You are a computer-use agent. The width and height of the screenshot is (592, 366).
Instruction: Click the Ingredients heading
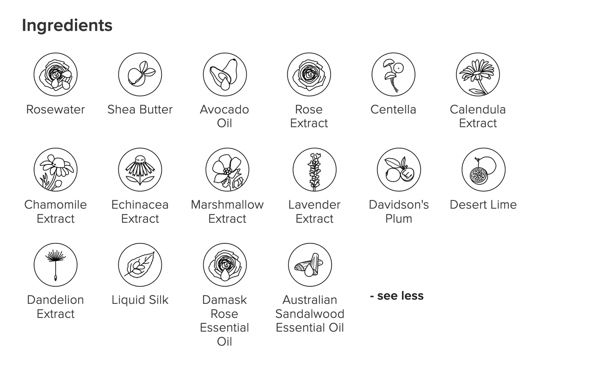pos(67,26)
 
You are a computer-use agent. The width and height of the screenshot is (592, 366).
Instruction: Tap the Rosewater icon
pos(55,74)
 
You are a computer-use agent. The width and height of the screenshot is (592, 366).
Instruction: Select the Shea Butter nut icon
pos(140,74)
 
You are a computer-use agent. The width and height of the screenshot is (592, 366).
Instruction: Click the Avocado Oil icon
pos(225,74)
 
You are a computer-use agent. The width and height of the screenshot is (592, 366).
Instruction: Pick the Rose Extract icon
pos(309,74)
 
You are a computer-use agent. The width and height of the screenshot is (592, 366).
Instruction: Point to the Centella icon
pos(393,74)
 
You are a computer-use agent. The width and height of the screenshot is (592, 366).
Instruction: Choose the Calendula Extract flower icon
pos(478,74)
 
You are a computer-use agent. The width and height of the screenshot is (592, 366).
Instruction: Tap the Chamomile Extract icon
pos(55,170)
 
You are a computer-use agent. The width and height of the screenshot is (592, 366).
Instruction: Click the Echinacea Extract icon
pos(140,170)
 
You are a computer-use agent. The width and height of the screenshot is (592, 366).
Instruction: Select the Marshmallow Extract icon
pos(227,170)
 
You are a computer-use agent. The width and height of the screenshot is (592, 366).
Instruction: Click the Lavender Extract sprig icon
pos(315,170)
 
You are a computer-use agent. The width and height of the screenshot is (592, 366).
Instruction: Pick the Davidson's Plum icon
pos(399,170)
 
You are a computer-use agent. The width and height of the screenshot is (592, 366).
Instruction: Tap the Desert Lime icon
pos(483,170)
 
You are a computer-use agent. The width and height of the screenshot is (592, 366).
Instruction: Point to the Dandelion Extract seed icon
pos(55,265)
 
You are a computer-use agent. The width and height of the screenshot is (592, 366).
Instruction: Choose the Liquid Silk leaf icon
pos(140,265)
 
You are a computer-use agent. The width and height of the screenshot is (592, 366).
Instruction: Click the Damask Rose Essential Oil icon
pos(225,265)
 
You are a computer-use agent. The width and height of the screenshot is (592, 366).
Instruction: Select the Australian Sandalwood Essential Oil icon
pos(310,265)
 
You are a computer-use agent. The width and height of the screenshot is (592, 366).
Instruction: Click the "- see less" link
pos(397,296)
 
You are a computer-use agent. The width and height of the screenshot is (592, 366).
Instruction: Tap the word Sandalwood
pos(310,314)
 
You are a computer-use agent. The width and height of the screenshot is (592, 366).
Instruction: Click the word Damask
pos(225,300)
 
